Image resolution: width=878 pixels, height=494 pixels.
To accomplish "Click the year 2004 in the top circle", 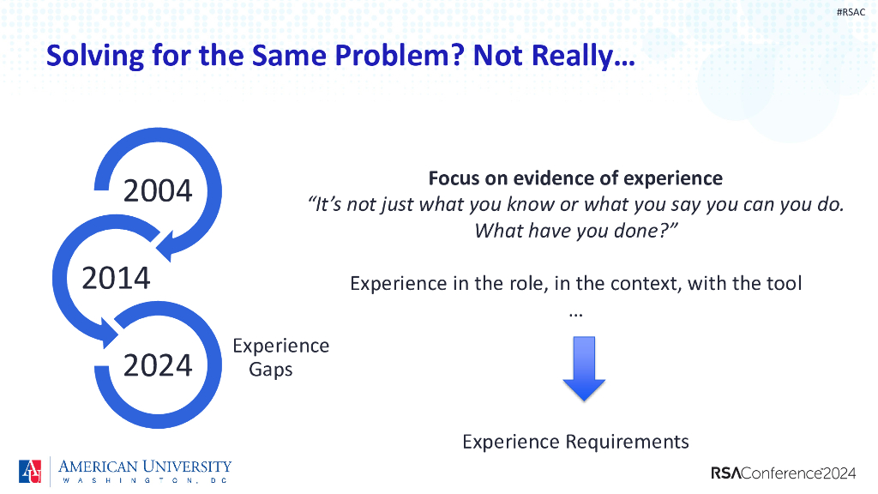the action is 158,190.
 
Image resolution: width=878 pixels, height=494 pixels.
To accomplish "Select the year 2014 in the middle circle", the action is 116,278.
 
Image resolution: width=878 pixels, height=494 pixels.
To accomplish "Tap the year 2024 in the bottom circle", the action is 158,365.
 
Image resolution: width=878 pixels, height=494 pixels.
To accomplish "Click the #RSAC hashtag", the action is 851,12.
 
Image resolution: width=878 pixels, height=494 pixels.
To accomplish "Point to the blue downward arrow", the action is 584,369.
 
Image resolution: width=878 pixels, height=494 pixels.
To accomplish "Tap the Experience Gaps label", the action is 280,358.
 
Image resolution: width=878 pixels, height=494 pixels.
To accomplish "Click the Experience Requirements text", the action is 575,442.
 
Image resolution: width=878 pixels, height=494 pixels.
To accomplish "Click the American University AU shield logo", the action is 30,471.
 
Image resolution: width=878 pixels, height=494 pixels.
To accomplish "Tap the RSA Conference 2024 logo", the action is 784,473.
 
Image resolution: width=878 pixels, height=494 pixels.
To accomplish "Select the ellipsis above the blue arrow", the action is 576,316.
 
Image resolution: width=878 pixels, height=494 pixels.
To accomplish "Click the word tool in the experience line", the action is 784,283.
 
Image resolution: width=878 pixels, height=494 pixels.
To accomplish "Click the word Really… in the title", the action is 583,56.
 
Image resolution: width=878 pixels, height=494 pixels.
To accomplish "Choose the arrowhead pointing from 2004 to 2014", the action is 169,245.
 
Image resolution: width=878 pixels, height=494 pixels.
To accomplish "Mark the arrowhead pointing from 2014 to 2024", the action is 106,333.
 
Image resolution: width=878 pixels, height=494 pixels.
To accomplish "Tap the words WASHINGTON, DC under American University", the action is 145,480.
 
